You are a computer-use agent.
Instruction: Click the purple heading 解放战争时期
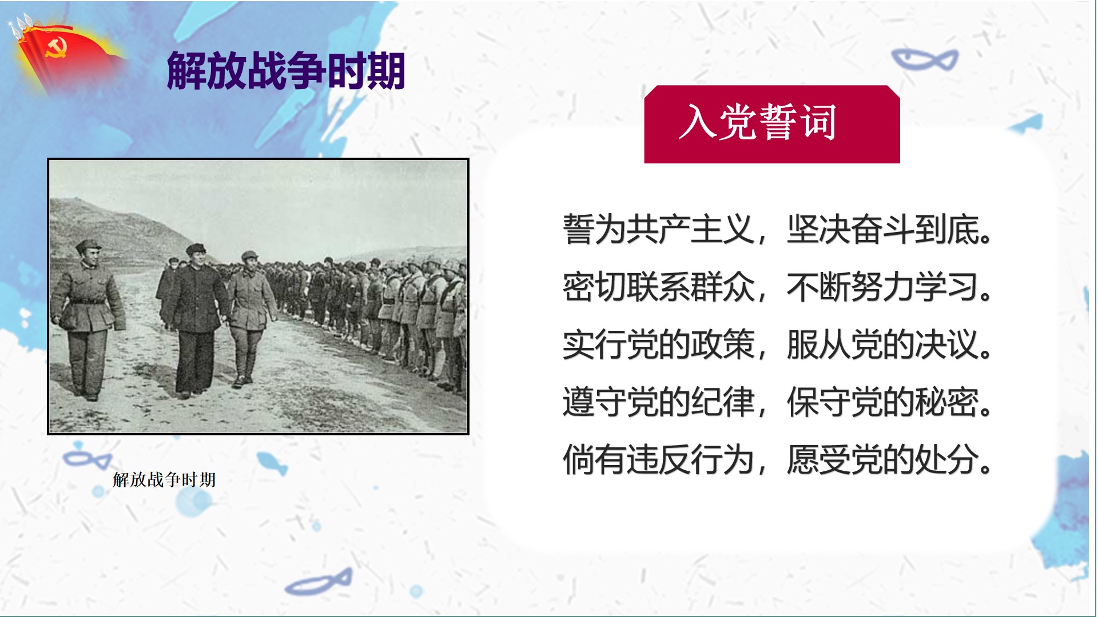click(286, 71)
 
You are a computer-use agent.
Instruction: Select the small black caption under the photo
click(165, 480)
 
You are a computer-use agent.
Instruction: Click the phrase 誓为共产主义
click(659, 230)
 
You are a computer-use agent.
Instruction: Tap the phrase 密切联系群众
click(659, 287)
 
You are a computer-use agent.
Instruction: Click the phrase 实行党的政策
click(659, 344)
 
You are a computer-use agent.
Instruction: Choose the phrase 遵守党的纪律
click(659, 402)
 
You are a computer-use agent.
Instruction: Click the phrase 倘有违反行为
click(659, 459)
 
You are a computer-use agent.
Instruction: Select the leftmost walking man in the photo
click(87, 320)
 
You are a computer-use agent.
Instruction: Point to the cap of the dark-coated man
click(196, 249)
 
